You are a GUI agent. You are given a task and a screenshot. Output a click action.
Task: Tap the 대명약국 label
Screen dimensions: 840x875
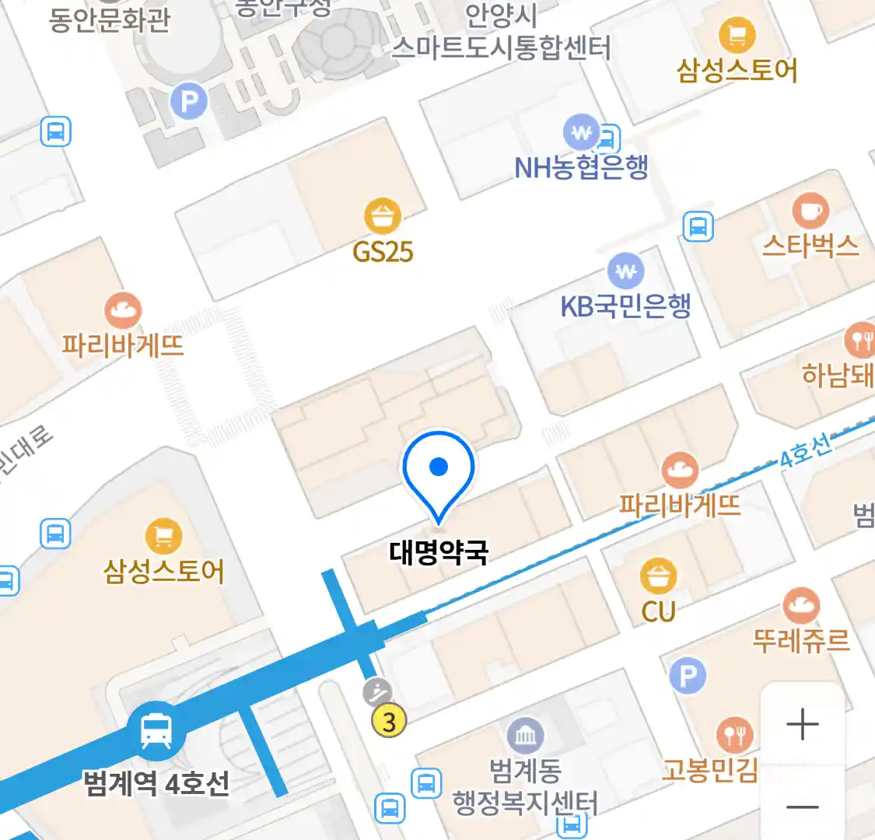(x=439, y=552)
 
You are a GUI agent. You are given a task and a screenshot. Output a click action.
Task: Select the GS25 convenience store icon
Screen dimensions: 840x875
(x=383, y=217)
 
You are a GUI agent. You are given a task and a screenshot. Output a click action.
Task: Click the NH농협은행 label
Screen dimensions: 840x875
(x=581, y=167)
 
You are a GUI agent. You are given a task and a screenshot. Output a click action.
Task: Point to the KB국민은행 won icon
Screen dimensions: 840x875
(x=626, y=271)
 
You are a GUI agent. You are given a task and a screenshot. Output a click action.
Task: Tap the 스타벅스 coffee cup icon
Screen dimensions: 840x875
(x=810, y=210)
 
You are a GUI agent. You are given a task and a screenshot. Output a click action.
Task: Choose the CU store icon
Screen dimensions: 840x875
(x=658, y=577)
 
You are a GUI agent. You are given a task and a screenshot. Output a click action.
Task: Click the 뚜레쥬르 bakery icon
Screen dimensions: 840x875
(x=800, y=606)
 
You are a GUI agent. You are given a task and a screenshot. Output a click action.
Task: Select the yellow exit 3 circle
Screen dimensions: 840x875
(x=389, y=722)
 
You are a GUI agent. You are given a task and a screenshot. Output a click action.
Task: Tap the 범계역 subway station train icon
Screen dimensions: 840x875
(x=156, y=731)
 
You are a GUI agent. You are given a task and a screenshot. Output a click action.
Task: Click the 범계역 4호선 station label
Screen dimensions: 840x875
(x=156, y=782)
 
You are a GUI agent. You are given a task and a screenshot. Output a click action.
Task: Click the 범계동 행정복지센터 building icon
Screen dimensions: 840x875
(x=525, y=735)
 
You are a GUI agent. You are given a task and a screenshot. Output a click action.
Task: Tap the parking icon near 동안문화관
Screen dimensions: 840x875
(x=189, y=101)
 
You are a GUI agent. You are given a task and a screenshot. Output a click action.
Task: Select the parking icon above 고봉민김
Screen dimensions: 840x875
(x=688, y=676)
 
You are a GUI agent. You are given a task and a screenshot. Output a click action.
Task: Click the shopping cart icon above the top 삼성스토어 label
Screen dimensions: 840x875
(x=737, y=34)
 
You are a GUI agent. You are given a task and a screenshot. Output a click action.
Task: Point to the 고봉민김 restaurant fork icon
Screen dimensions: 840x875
(x=734, y=734)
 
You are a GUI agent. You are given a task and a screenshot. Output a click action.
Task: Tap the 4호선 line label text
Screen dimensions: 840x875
(x=805, y=452)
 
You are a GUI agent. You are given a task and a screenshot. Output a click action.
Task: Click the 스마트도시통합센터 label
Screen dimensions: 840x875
(x=501, y=48)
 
